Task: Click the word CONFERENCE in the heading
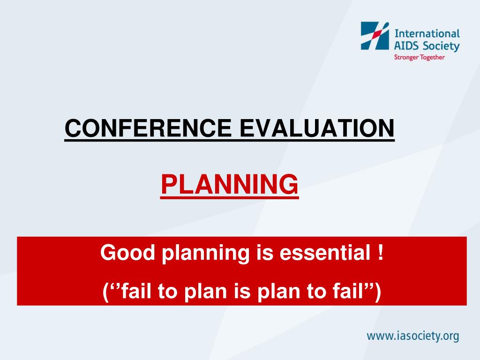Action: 148,128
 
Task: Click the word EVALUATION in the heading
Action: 317,128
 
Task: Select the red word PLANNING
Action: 230,184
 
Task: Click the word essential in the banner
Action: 325,253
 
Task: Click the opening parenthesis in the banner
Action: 105,292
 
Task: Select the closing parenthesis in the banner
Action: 378,292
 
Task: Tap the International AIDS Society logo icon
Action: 375,36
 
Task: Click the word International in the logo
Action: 427,33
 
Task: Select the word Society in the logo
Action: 441,46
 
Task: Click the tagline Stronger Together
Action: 420,57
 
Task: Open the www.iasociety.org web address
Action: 413,336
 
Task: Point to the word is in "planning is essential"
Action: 264,253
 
